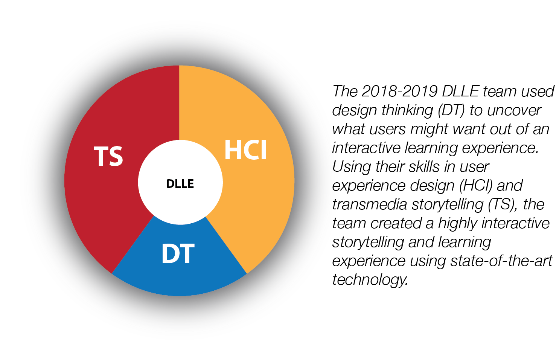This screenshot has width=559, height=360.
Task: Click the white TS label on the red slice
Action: pos(108,156)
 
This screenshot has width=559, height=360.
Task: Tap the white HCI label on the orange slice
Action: pos(245,150)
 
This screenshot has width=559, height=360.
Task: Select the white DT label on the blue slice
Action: pos(178,253)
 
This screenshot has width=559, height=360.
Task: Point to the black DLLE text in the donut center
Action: pos(180,184)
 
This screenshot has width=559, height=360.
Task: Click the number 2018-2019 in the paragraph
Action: pos(399,91)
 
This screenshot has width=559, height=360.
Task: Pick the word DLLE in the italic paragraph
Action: pos(460,91)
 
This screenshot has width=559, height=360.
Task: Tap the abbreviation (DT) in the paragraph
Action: pos(451,110)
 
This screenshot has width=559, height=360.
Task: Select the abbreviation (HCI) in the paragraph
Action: pos(476,186)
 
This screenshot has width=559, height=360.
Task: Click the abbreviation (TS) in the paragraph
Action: pos(503,204)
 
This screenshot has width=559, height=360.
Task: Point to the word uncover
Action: pos(514,110)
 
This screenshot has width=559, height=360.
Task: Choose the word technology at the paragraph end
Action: pos(370,280)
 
